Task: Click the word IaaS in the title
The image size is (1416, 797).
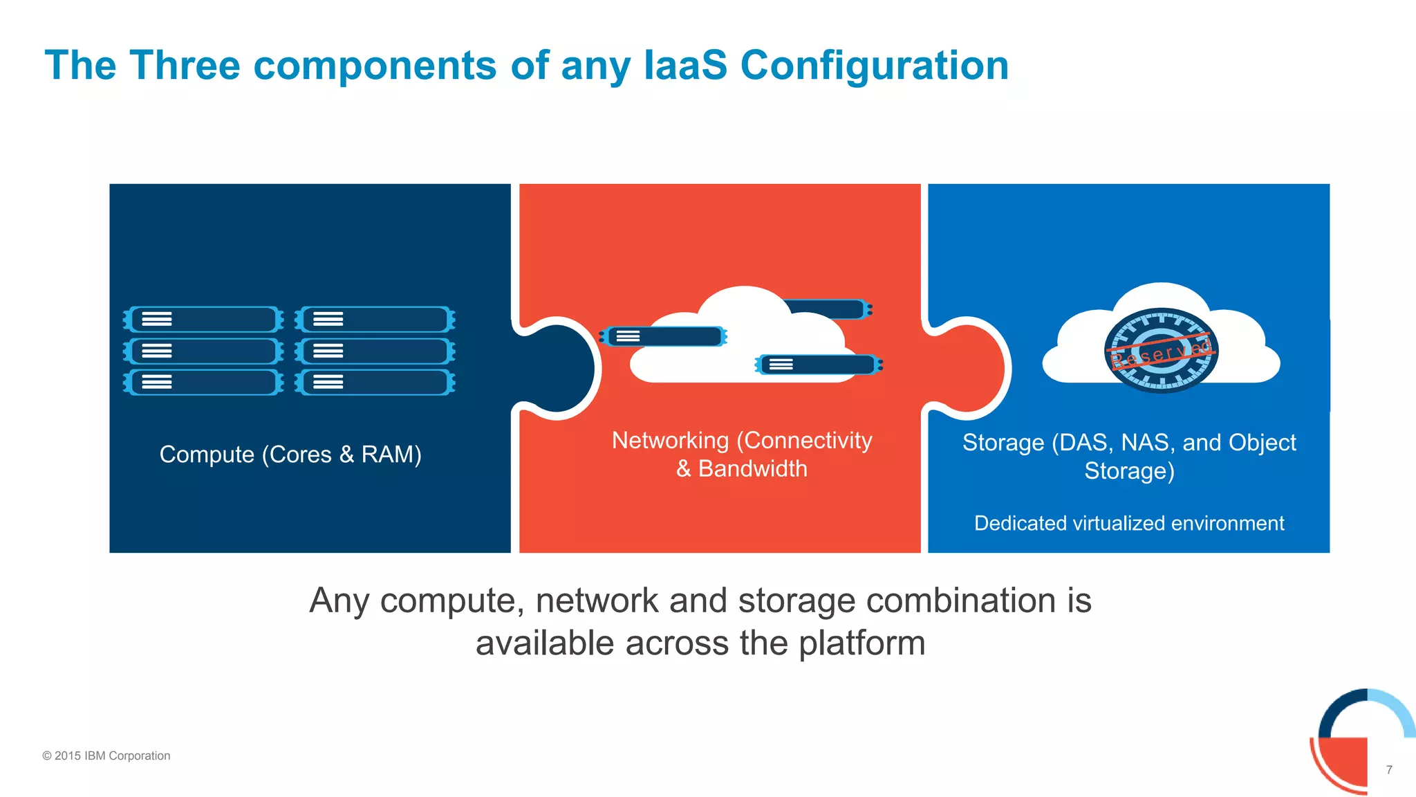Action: point(685,66)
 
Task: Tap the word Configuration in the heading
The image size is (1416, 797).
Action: point(874,66)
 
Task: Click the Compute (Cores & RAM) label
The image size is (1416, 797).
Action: point(290,455)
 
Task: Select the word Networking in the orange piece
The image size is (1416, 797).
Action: point(670,441)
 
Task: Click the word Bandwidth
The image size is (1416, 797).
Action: point(752,469)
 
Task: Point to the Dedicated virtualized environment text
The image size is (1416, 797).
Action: point(1128,523)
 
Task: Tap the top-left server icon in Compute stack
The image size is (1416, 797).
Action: point(203,320)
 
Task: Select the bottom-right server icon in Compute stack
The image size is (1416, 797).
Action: point(375,382)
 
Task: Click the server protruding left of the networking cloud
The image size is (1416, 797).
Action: point(662,337)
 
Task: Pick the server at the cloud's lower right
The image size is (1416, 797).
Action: point(819,365)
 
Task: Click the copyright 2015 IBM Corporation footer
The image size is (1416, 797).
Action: point(106,755)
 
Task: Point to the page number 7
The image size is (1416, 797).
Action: point(1388,769)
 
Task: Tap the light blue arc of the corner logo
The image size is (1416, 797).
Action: point(1397,709)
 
